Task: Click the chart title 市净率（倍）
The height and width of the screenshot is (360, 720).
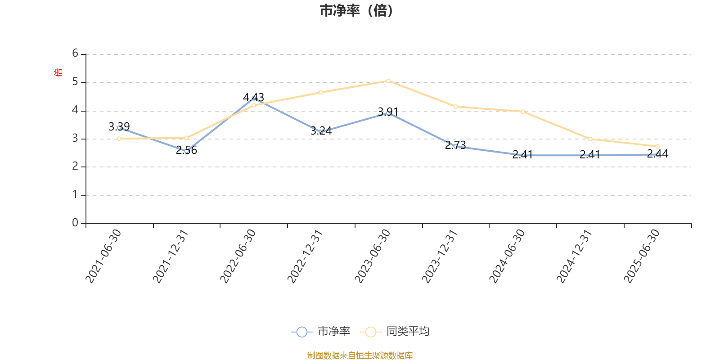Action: pyautogui.click(x=356, y=11)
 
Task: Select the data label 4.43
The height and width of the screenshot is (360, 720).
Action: pyautogui.click(x=253, y=97)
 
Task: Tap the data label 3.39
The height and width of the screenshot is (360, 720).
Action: pyautogui.click(x=119, y=127)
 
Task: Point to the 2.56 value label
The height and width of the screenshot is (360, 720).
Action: pyautogui.click(x=186, y=150)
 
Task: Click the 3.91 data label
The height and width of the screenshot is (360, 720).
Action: pyautogui.click(x=388, y=112)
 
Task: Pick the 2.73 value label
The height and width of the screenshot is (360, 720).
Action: pyautogui.click(x=455, y=145)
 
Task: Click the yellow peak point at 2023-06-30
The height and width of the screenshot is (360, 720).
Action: pyautogui.click(x=388, y=81)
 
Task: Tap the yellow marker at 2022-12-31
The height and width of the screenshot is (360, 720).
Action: pyautogui.click(x=321, y=92)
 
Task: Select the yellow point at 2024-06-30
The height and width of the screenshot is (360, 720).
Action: pyautogui.click(x=523, y=112)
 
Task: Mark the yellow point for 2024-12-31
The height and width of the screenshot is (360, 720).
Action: pyautogui.click(x=590, y=139)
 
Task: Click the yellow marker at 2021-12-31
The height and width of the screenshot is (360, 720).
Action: pyautogui.click(x=186, y=138)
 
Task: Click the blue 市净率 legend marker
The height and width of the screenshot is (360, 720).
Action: pyautogui.click(x=302, y=332)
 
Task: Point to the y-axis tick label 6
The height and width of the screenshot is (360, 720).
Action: pyautogui.click(x=75, y=54)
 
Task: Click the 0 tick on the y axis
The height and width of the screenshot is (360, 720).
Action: pyautogui.click(x=75, y=223)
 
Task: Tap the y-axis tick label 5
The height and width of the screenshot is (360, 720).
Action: pyautogui.click(x=75, y=82)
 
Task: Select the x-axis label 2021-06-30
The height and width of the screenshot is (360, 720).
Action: pyautogui.click(x=103, y=256)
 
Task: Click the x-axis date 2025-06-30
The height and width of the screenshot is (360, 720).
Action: pyautogui.click(x=642, y=256)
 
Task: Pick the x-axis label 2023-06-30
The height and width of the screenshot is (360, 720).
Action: pyautogui.click(x=373, y=256)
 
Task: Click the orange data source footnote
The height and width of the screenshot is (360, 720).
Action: pyautogui.click(x=360, y=355)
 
